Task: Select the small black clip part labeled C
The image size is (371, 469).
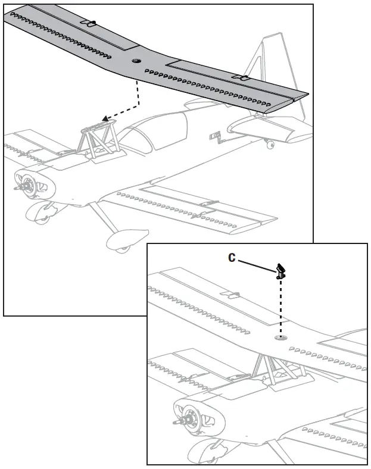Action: click(x=280, y=271)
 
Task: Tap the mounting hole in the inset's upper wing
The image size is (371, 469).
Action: click(x=280, y=337)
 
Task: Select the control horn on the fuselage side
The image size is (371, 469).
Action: click(x=214, y=138)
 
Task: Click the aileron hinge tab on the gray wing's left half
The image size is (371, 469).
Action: click(x=89, y=24)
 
